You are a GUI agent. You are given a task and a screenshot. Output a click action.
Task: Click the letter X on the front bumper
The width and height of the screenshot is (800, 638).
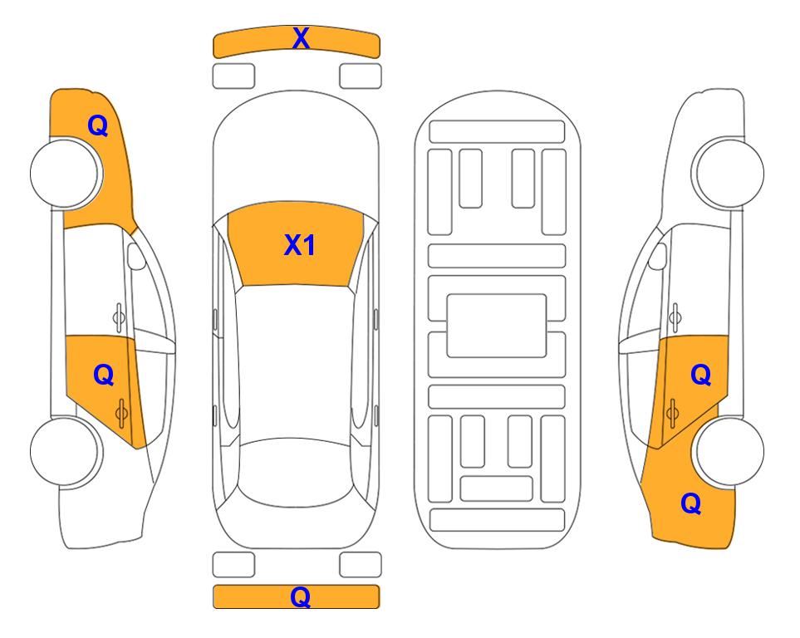coord(301,38)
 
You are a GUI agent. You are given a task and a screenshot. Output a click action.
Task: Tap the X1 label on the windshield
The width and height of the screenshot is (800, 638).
coord(300,245)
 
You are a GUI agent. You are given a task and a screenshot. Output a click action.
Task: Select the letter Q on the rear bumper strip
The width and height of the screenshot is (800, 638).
coord(301,596)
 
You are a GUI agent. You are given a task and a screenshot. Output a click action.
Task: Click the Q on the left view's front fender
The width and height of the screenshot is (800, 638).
coord(98,125)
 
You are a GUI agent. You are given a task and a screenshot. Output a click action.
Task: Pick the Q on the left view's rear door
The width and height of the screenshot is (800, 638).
coord(104,375)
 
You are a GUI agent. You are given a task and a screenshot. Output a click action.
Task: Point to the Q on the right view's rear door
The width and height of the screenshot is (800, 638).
coord(701,375)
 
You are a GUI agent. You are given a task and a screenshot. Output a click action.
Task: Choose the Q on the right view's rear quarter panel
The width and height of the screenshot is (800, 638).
coord(691,503)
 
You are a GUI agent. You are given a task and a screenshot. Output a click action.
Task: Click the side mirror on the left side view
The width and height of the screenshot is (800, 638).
coord(136,256)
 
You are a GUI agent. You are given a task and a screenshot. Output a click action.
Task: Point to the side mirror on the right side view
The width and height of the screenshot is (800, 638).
coord(657,256)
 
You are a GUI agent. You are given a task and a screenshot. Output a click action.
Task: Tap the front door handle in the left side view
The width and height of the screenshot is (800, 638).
coord(119,317)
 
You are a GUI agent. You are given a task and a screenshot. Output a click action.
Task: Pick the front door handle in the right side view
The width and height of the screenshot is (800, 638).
coord(675,317)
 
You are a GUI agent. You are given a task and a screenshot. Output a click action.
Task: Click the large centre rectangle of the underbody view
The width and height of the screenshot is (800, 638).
coord(497,326)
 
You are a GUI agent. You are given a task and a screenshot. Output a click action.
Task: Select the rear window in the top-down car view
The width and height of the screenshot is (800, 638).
coord(296,473)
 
